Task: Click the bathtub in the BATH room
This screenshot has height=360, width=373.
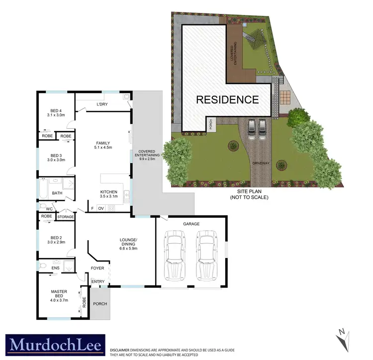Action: click(43, 189)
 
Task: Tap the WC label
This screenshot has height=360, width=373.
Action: click(42, 209)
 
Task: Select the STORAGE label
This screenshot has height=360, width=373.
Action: click(66, 217)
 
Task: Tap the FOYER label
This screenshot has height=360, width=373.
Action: click(97, 268)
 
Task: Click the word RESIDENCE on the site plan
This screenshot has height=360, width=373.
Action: click(227, 99)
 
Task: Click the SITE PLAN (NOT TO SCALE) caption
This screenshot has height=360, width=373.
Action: click(249, 194)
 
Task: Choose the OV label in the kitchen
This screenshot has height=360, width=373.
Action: click(101, 208)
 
